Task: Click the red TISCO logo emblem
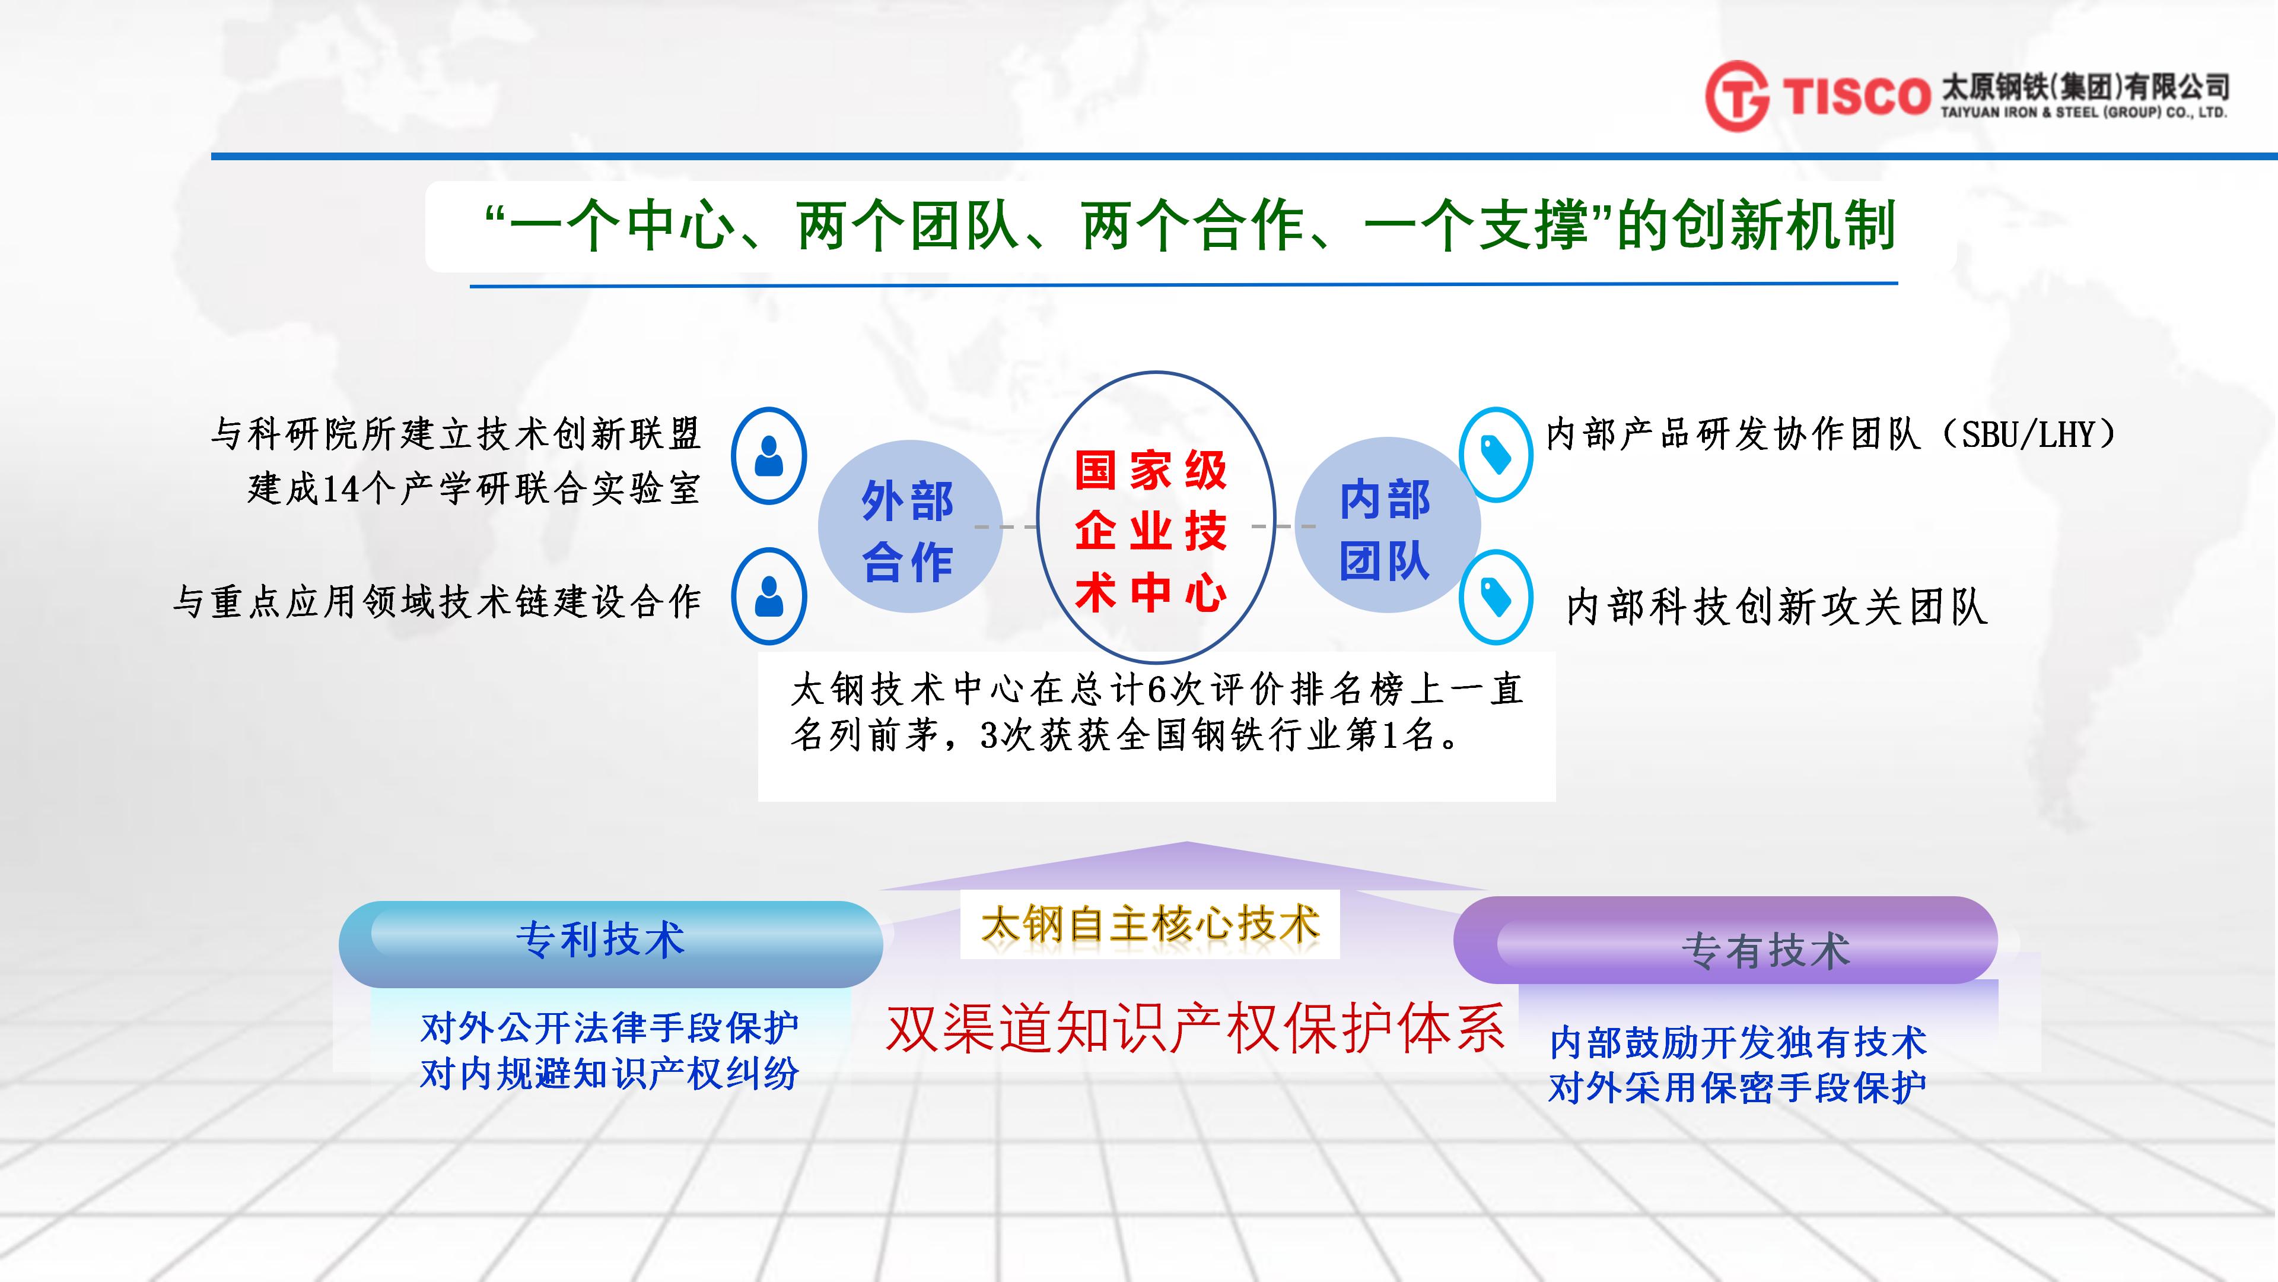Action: point(1737,96)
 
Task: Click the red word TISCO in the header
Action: point(1855,96)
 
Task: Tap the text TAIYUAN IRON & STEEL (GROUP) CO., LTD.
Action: point(2083,112)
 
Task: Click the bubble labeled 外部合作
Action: point(909,527)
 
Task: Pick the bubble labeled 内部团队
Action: point(1386,525)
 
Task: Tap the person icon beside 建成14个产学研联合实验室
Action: point(768,456)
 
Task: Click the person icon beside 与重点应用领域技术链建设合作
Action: point(768,596)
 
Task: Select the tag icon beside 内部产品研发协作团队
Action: point(1496,455)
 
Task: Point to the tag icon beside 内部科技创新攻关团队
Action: point(1496,597)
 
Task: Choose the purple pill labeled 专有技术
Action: point(1725,940)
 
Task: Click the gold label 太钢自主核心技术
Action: point(1150,924)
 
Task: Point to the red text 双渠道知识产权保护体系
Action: point(1195,1028)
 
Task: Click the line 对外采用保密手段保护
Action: point(1738,1087)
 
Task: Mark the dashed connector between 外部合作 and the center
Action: point(1006,526)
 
